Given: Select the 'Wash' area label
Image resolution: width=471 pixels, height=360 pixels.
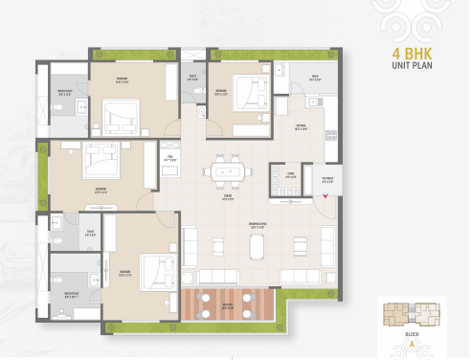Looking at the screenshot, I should [314, 76].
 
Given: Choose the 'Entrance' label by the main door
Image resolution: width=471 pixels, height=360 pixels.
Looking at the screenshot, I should [326, 179].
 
